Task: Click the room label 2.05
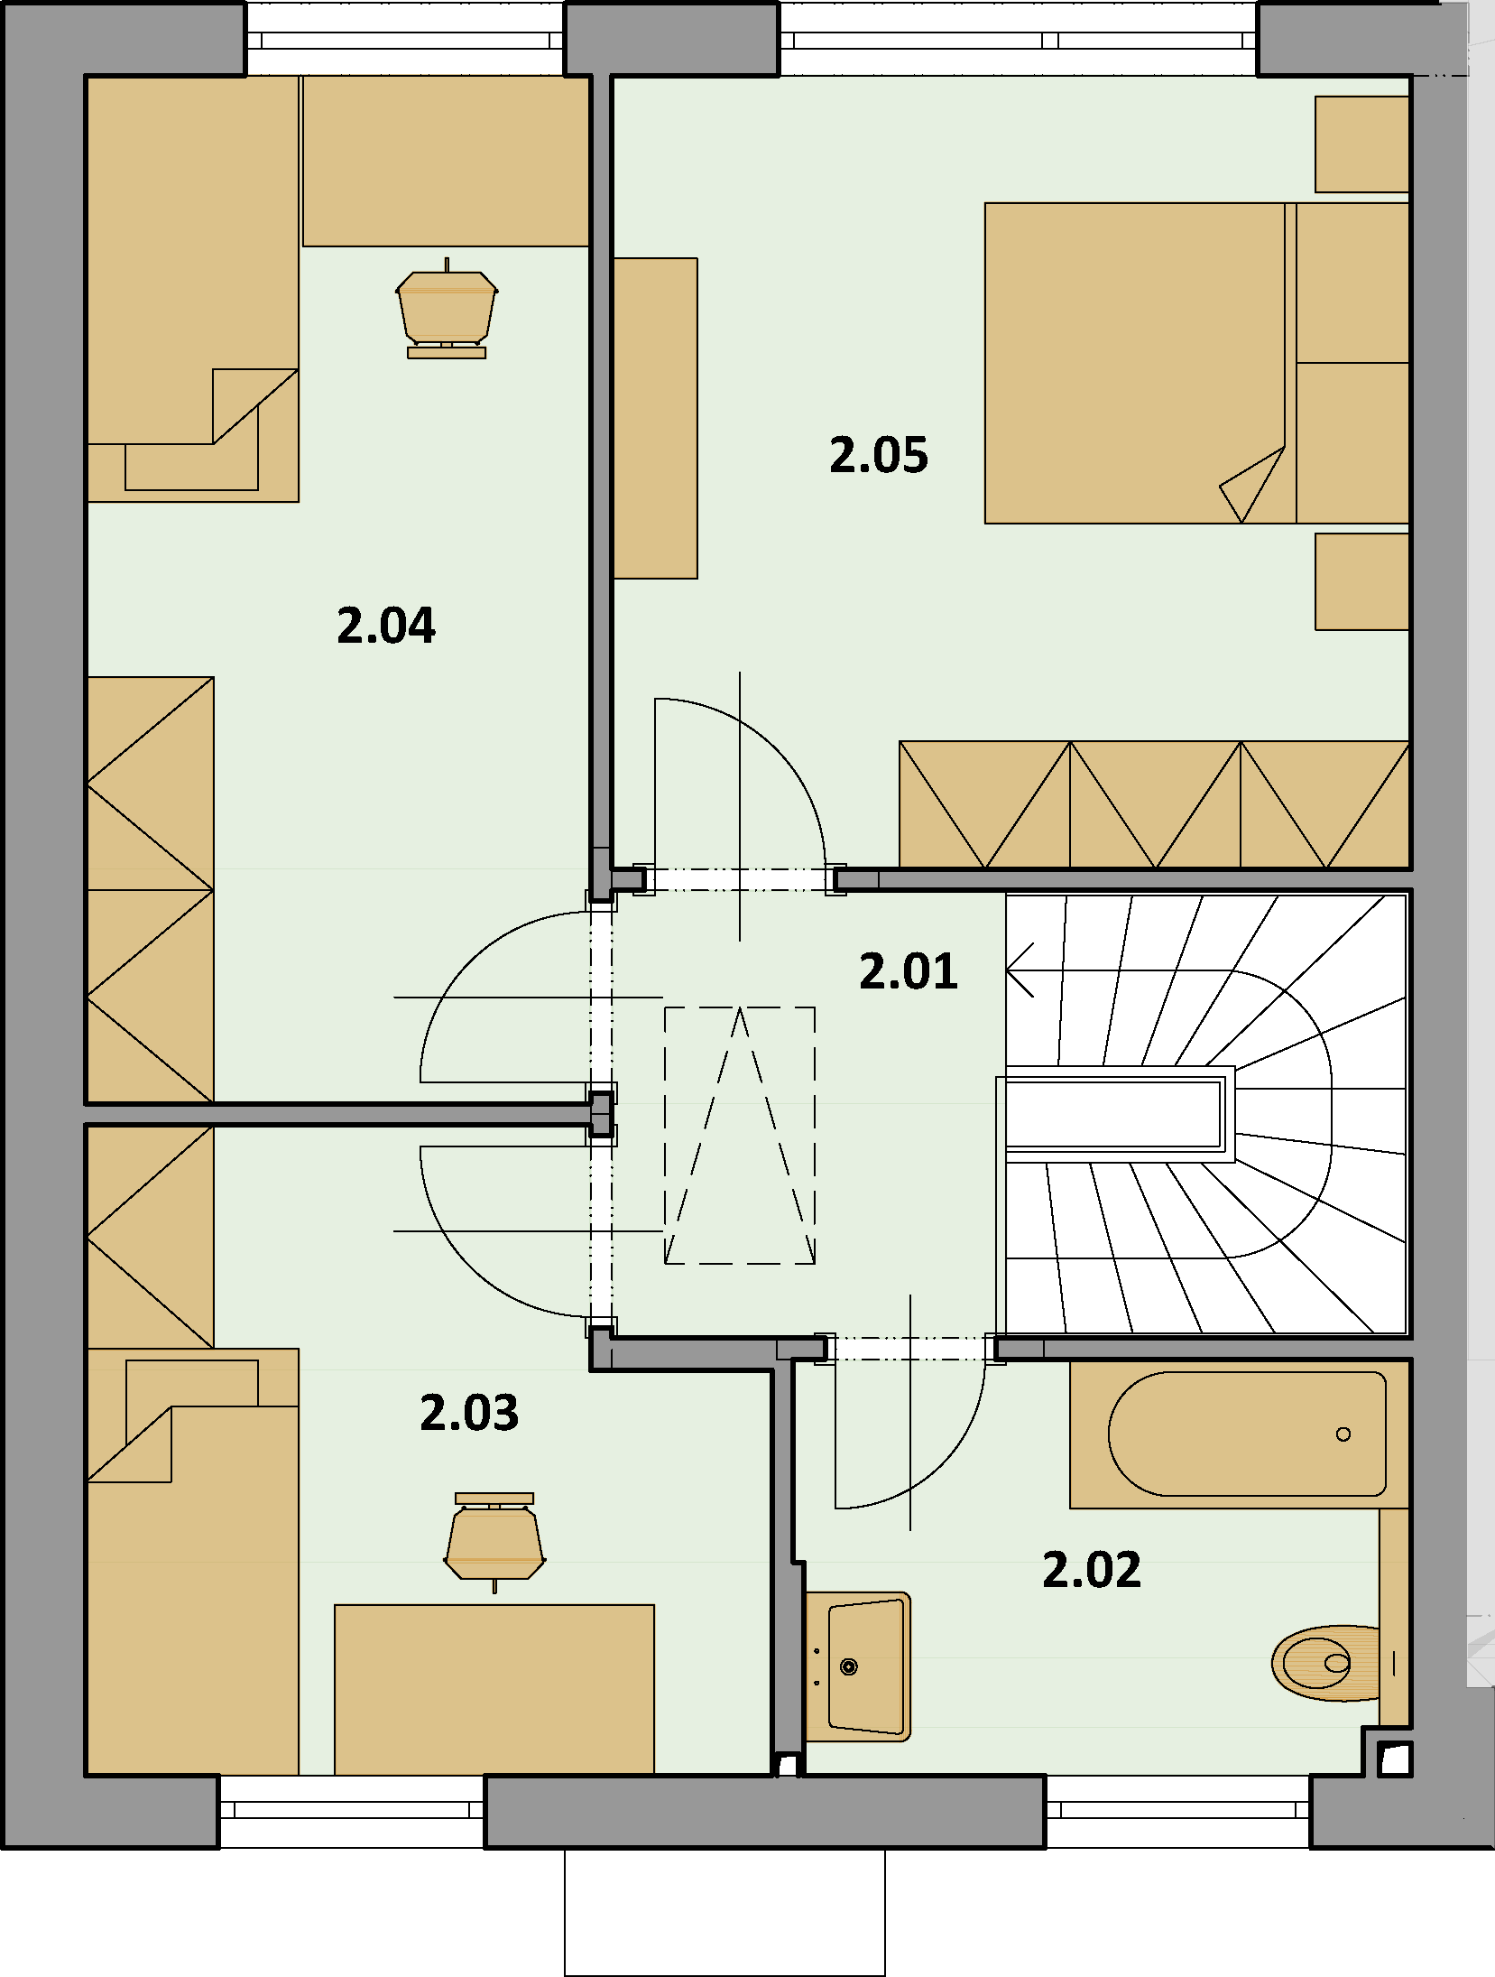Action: pos(879,456)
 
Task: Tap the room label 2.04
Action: pos(386,626)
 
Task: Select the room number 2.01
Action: pos(909,972)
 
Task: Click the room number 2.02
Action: pos(1092,1570)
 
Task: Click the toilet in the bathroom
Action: pos(1326,1662)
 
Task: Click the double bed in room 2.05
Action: pos(1196,363)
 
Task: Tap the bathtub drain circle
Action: pos(1343,1434)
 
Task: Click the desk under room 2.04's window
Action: pos(446,161)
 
